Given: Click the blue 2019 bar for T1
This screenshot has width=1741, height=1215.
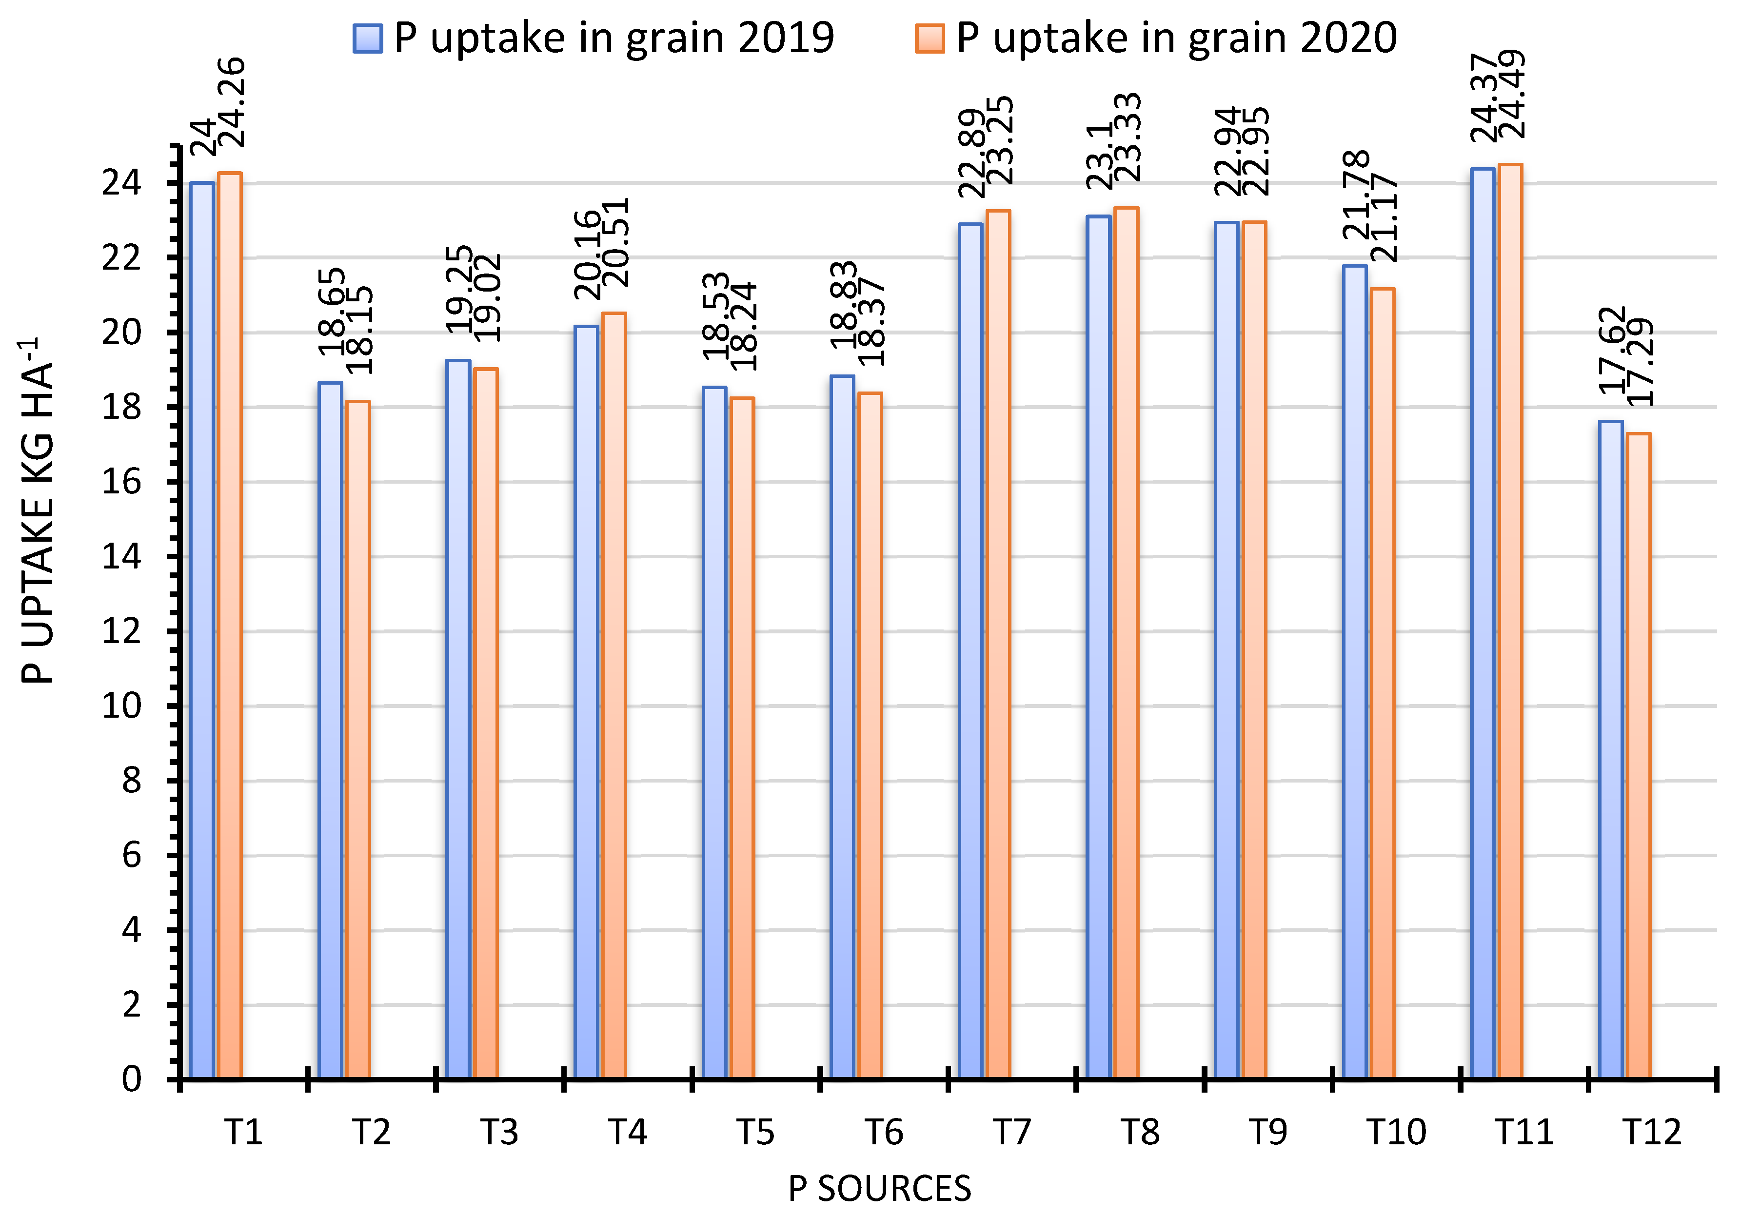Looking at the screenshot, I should coord(202,629).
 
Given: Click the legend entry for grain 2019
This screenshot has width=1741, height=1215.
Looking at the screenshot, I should coord(593,38).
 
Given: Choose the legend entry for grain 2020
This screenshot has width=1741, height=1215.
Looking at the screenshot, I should coord(1156,38).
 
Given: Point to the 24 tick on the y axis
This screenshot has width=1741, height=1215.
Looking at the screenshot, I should coord(121,183).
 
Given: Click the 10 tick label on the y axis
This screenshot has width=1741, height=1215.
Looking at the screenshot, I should coord(121,705).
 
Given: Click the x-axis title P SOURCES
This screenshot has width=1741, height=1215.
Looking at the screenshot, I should coord(880,1188).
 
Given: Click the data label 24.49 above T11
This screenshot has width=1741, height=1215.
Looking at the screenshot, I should coord(1513,95).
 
